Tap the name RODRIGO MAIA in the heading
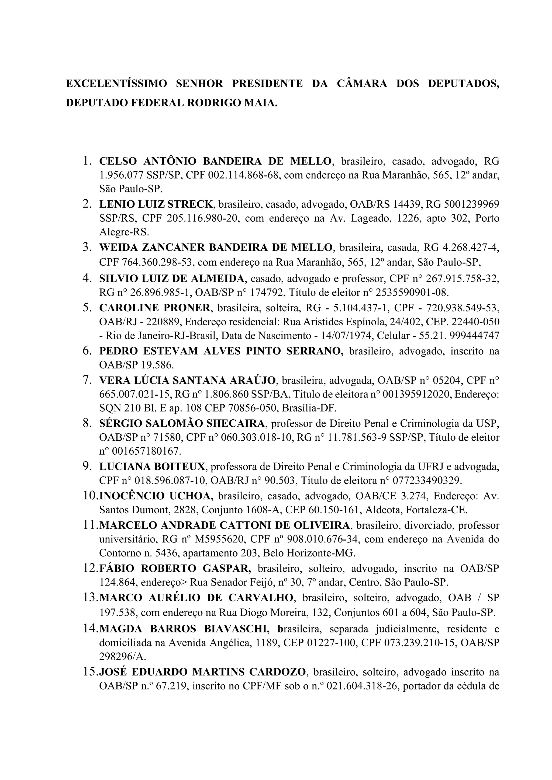[232, 103]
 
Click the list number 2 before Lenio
[87, 204]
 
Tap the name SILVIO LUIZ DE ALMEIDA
[172, 278]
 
